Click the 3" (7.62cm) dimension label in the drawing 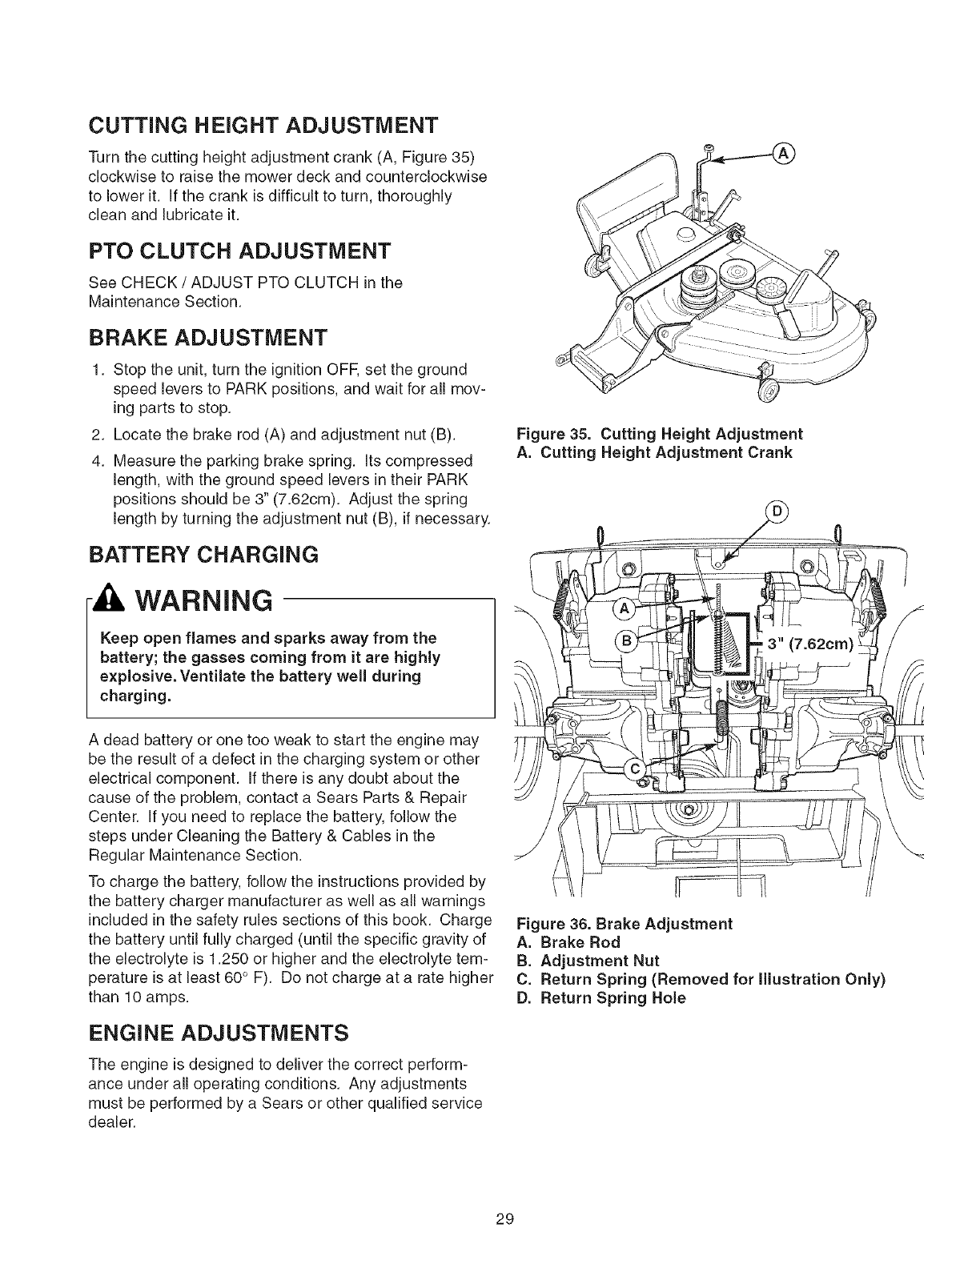809,644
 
